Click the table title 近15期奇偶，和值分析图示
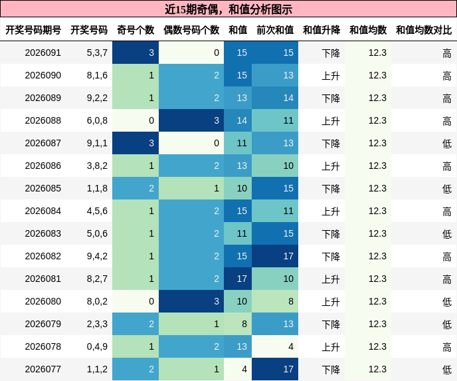(228, 9)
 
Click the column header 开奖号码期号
(33, 30)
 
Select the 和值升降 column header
(321, 30)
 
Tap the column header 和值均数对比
(424, 30)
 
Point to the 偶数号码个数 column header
(191, 30)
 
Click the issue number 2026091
(43, 53)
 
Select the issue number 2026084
(43, 211)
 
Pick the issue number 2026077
(43, 369)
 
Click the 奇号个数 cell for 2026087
(136, 143)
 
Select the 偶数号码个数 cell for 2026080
(191, 301)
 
